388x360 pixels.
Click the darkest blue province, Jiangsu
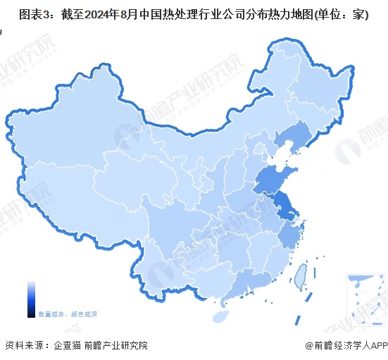[x=284, y=207]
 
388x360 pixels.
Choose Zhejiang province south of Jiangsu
[x=289, y=237]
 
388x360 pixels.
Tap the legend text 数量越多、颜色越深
[x=68, y=312]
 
